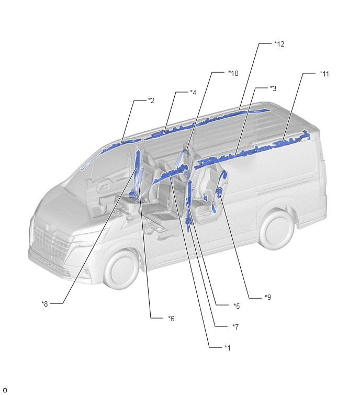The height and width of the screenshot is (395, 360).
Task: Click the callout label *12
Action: pyautogui.click(x=279, y=44)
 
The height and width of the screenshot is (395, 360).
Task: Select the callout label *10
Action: pyautogui.click(x=233, y=73)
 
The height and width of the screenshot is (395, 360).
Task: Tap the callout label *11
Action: pyautogui.click(x=324, y=74)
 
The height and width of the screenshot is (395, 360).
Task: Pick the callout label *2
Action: pyautogui.click(x=151, y=101)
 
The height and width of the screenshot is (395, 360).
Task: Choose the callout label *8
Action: pyautogui.click(x=44, y=304)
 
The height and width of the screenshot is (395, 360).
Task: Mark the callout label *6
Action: pyautogui.click(x=171, y=319)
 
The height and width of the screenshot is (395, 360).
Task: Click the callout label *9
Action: pyautogui.click(x=268, y=297)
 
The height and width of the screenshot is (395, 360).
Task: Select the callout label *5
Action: pyautogui.click(x=237, y=306)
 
